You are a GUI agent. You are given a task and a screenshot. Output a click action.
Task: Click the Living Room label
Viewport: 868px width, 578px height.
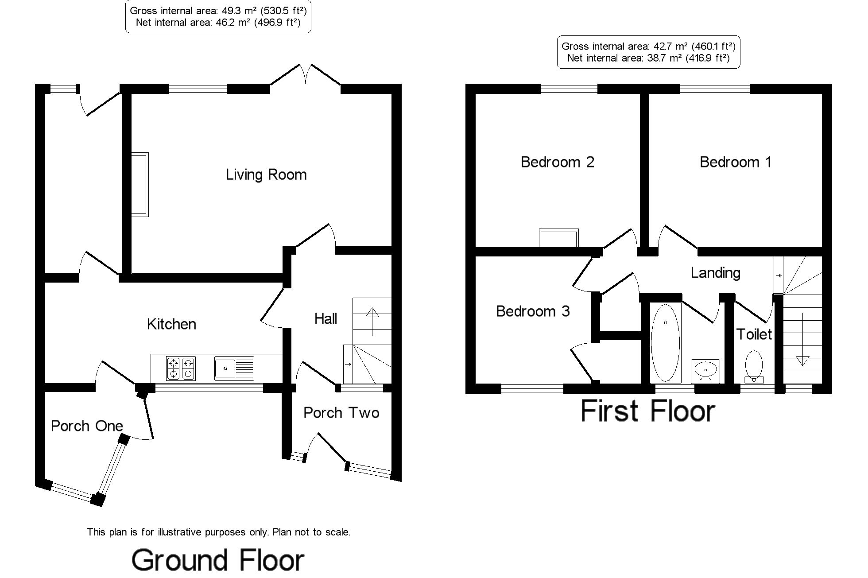pos(266,175)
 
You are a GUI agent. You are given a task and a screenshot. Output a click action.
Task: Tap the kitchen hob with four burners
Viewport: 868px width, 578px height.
pos(181,369)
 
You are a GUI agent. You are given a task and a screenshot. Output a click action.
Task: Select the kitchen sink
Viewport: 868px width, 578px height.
pos(234,369)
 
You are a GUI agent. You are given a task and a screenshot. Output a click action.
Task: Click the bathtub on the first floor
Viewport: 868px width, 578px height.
pos(665,343)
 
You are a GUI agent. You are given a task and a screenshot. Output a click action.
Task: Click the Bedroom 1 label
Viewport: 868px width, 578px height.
pos(736,162)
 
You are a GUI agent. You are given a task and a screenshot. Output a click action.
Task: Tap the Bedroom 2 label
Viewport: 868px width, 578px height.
pos(557,162)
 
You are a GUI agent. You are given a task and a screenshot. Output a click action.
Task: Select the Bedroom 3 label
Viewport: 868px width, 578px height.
pos(533,311)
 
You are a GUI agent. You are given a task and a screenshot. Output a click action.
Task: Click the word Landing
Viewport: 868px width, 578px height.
pos(716,273)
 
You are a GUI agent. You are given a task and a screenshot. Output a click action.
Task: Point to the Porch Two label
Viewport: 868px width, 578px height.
pos(341,413)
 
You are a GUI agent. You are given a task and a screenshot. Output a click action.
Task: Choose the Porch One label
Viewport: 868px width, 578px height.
pos(87,426)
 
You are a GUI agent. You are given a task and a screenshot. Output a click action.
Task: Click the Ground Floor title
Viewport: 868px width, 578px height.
pos(218,560)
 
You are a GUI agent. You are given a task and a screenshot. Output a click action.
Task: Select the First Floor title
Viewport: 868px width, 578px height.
pos(648,411)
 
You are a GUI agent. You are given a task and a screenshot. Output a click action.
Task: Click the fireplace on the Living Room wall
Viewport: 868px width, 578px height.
pos(140,185)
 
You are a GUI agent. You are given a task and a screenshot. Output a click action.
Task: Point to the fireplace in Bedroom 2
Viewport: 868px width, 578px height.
pos(559,238)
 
